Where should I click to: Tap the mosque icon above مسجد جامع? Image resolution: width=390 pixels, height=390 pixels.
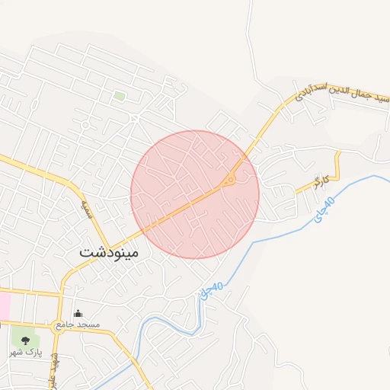point(77,313)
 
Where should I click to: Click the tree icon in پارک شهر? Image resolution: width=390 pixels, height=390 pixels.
point(26,340)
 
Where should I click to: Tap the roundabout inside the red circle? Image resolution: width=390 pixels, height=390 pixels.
point(229,181)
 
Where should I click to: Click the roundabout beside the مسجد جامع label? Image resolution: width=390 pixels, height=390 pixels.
point(59,325)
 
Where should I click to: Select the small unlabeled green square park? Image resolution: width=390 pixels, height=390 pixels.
point(119,96)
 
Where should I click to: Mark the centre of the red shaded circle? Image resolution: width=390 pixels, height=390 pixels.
point(195,194)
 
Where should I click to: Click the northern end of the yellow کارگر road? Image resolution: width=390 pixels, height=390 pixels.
point(338,152)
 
